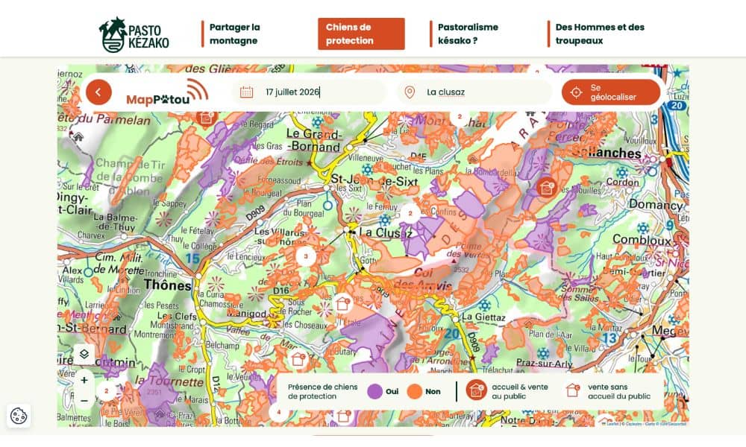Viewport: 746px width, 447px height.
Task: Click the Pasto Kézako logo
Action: [x=134, y=34]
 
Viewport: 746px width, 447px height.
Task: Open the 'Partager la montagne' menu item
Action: [x=234, y=34]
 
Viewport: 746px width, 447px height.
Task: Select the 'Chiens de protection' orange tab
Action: [x=361, y=34]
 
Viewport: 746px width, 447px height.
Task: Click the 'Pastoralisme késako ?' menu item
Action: [x=468, y=34]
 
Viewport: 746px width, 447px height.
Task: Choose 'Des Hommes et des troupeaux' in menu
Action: [x=599, y=34]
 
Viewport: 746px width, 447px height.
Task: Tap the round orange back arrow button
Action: [x=98, y=92]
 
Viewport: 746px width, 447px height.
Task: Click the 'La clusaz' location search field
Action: [x=477, y=92]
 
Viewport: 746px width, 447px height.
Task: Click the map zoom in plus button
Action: [x=84, y=380]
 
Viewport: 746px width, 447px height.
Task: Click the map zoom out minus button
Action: [x=84, y=401]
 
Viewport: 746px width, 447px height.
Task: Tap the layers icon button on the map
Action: [x=84, y=355]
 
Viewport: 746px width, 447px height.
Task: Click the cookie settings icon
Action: [x=19, y=416]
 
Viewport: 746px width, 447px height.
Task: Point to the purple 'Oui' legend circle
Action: [x=374, y=391]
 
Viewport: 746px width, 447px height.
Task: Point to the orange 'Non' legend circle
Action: [x=415, y=391]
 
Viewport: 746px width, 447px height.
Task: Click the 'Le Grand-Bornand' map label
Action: [x=313, y=141]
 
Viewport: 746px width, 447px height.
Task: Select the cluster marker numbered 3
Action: [x=305, y=256]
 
